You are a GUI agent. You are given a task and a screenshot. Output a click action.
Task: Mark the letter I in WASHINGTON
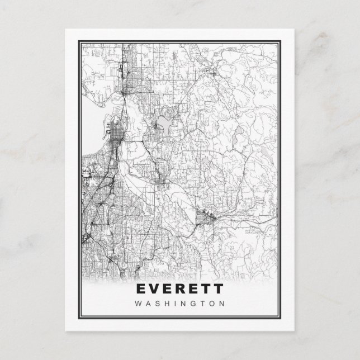pyautogui.click(x=174, y=304)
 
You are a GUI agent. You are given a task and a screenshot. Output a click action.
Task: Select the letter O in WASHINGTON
pyautogui.click(x=211, y=304)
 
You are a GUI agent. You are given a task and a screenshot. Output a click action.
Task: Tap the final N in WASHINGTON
pyautogui.click(x=221, y=304)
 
